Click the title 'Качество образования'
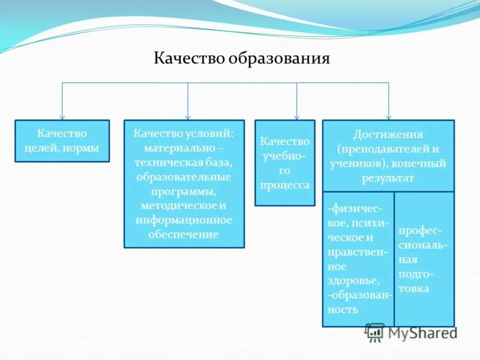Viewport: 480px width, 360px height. tap(242, 58)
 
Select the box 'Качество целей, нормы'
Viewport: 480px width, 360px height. tap(62, 141)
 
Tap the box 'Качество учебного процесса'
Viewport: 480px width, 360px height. tap(284, 163)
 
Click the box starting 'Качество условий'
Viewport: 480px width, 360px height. tap(184, 184)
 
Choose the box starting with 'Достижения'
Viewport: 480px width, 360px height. tap(388, 155)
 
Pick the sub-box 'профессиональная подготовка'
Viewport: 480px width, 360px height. tap(424, 259)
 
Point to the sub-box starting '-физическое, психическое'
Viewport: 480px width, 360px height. tap(358, 259)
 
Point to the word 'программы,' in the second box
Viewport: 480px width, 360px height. tap(184, 191)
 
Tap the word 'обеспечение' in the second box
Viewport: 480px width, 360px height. tap(184, 234)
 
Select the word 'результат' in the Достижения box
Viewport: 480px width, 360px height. tap(388, 178)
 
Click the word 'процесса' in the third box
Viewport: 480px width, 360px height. tap(284, 185)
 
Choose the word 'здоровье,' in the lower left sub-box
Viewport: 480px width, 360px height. tap(353, 280)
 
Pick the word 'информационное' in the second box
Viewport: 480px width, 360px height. tap(184, 220)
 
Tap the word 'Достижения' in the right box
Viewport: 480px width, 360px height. tap(388, 134)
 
